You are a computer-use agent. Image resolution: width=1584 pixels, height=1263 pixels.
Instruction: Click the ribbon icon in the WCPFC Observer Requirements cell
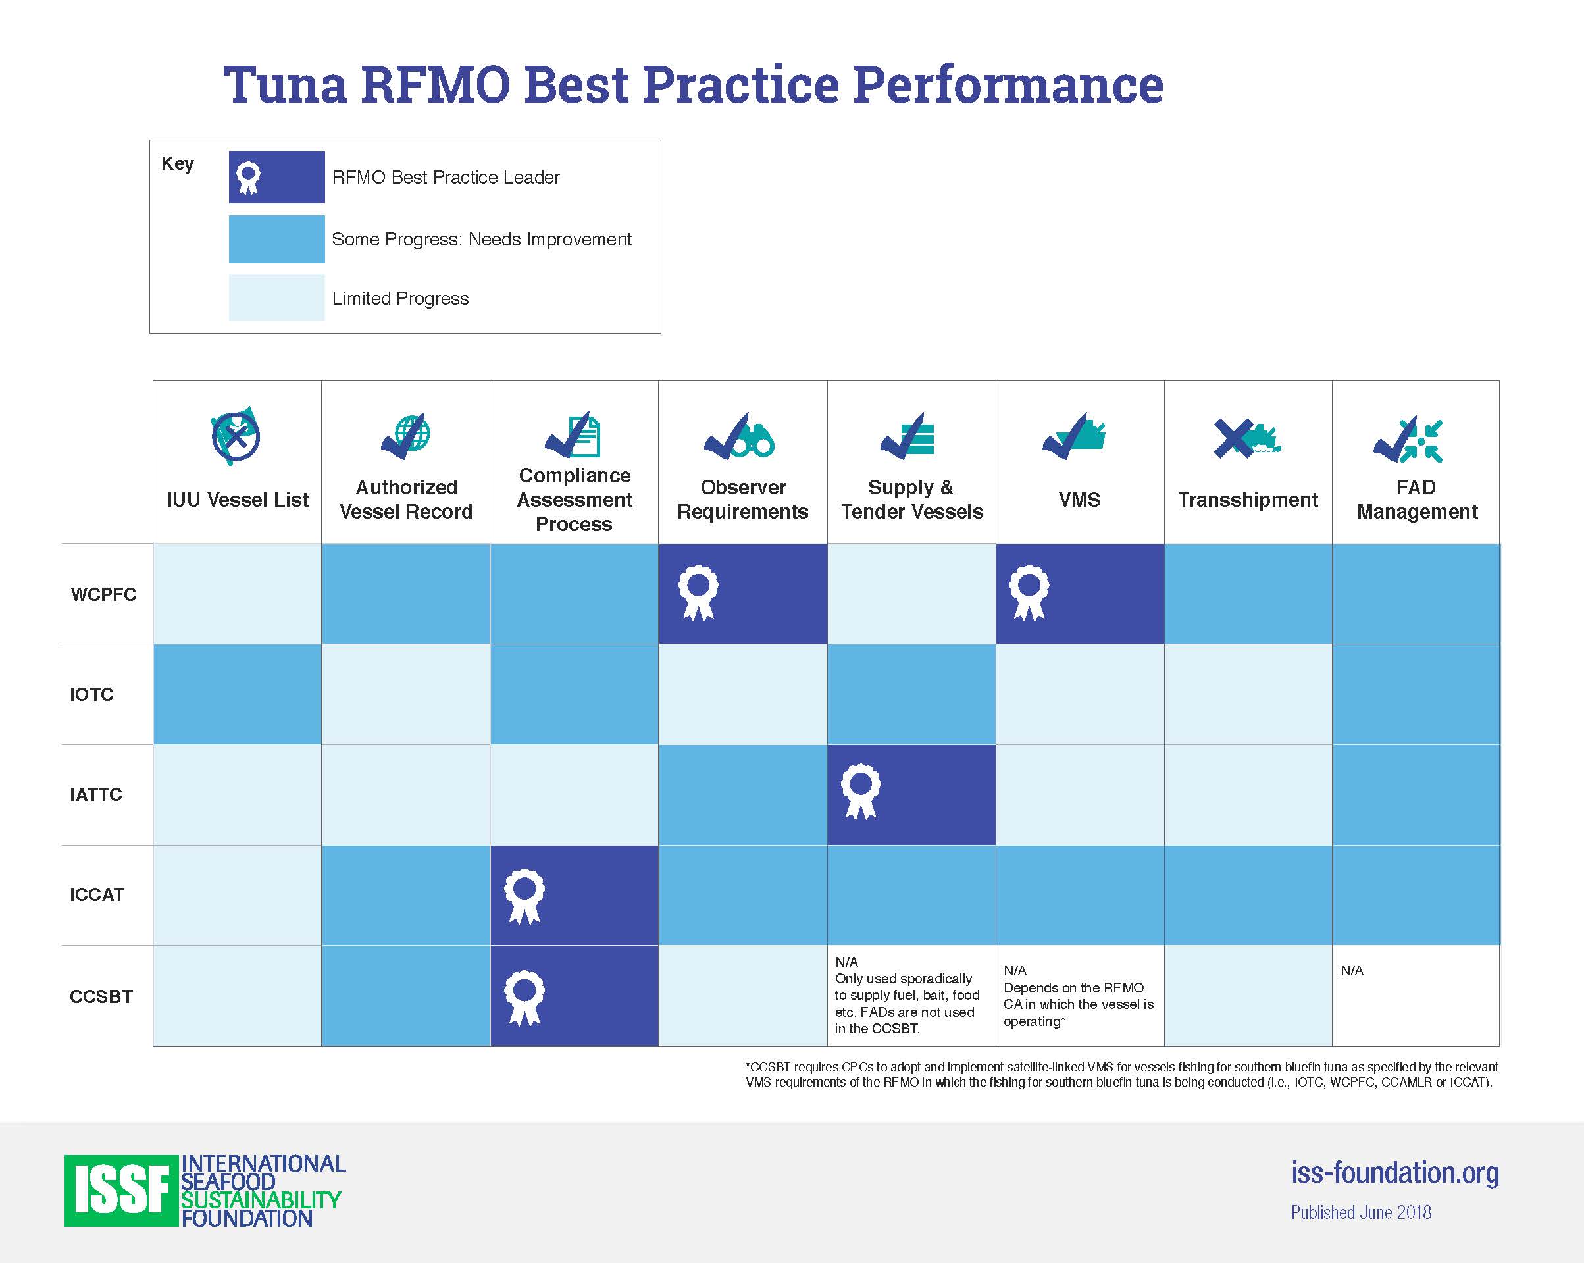coord(697,592)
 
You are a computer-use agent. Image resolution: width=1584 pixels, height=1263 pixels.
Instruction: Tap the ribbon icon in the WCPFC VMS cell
coord(1029,592)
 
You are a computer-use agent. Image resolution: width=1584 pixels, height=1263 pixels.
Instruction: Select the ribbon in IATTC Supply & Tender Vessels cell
coord(860,792)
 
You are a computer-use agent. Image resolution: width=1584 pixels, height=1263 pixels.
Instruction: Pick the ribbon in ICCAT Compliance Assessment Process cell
coord(524,896)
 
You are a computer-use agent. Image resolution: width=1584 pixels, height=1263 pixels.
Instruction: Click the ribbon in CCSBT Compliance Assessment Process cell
coord(524,998)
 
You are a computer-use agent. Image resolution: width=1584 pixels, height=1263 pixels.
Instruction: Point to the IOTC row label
coord(92,694)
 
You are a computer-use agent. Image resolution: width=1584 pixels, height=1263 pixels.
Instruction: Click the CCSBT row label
coord(101,996)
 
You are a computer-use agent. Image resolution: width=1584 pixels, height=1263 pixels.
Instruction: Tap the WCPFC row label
coord(103,594)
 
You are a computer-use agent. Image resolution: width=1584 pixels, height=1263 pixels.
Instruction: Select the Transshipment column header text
coord(1248,500)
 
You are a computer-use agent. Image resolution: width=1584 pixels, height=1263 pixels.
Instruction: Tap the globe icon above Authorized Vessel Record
coord(413,433)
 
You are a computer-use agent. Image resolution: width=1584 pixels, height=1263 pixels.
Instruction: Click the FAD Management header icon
coord(1408,440)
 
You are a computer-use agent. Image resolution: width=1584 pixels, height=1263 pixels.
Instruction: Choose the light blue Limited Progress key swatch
coord(276,297)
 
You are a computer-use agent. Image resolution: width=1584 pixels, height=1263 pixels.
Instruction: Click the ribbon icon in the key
coord(248,178)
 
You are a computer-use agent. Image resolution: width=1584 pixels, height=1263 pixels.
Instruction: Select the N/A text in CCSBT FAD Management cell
coord(1352,971)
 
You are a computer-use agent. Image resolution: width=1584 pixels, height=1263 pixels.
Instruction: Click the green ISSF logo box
coord(122,1190)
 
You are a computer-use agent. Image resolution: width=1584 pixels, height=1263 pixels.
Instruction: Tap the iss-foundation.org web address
coord(1394,1173)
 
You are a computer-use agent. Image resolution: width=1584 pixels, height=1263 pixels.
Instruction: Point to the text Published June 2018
coord(1362,1212)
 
